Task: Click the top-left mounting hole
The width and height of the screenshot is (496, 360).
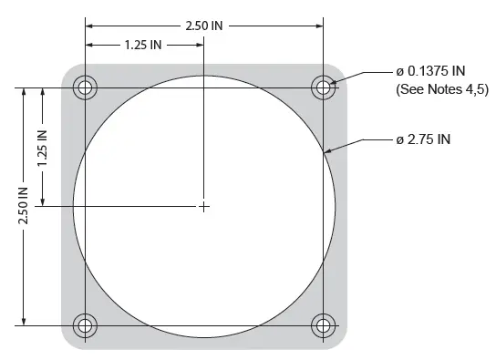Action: point(85,87)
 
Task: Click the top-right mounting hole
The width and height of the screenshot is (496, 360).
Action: point(324,87)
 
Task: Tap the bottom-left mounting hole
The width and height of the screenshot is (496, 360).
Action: point(85,325)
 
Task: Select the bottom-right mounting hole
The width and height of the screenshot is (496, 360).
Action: point(324,325)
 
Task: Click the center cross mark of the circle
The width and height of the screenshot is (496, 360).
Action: point(204,207)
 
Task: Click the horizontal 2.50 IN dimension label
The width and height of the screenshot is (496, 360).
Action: point(204,26)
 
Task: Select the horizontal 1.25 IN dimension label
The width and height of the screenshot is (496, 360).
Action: point(143,45)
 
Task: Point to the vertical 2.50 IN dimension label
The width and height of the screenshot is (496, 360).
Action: point(23,206)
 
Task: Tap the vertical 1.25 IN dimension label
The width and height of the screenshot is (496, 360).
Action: point(42,148)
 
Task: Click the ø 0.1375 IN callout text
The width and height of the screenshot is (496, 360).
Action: point(430,71)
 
